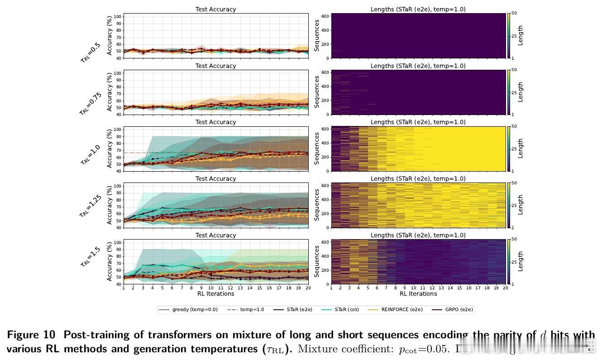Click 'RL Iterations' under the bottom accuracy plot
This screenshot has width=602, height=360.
pyautogui.click(x=215, y=294)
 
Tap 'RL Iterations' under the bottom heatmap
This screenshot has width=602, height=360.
pyautogui.click(x=418, y=294)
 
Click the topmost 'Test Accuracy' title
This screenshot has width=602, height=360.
pyautogui.click(x=215, y=9)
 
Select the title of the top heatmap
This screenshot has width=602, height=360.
pyautogui.click(x=418, y=9)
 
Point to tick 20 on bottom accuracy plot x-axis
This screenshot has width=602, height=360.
pyautogui.click(x=308, y=288)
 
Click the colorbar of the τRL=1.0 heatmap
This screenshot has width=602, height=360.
pyautogui.click(x=509, y=149)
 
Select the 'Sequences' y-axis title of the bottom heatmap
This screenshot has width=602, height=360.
pyautogui.click(x=317, y=262)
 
